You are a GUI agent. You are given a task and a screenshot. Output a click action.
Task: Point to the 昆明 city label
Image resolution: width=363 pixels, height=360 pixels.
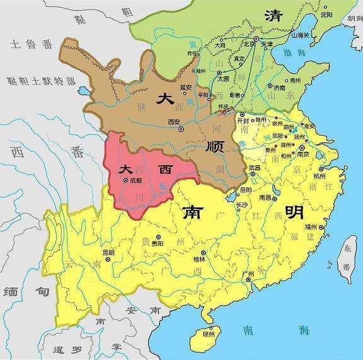point(108,253)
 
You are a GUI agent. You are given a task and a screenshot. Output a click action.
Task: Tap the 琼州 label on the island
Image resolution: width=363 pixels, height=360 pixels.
point(208,334)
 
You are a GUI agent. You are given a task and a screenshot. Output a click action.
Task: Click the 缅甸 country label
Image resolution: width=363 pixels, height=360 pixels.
point(19,292)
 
